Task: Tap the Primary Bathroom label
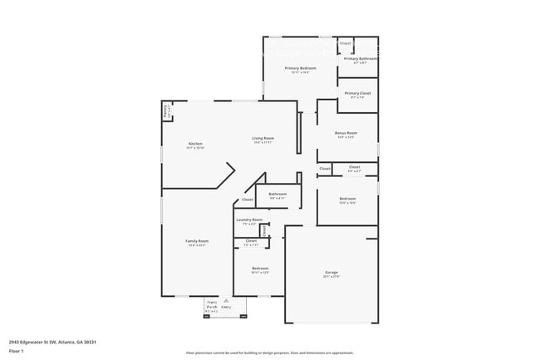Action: click(361, 59)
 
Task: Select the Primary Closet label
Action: click(358, 93)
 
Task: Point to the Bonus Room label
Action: click(346, 133)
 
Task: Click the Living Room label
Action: click(263, 138)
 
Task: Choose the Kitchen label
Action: click(195, 144)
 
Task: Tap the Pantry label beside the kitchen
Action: click(167, 109)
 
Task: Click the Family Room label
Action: click(196, 241)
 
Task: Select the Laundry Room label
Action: click(249, 219)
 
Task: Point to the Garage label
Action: click(331, 272)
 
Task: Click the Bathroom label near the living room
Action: click(277, 194)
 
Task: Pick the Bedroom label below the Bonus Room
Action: click(347, 199)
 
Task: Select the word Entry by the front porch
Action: click(226, 308)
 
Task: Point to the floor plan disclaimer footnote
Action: click(269, 353)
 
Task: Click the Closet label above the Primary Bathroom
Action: click(346, 42)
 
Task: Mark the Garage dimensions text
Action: click(331, 276)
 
